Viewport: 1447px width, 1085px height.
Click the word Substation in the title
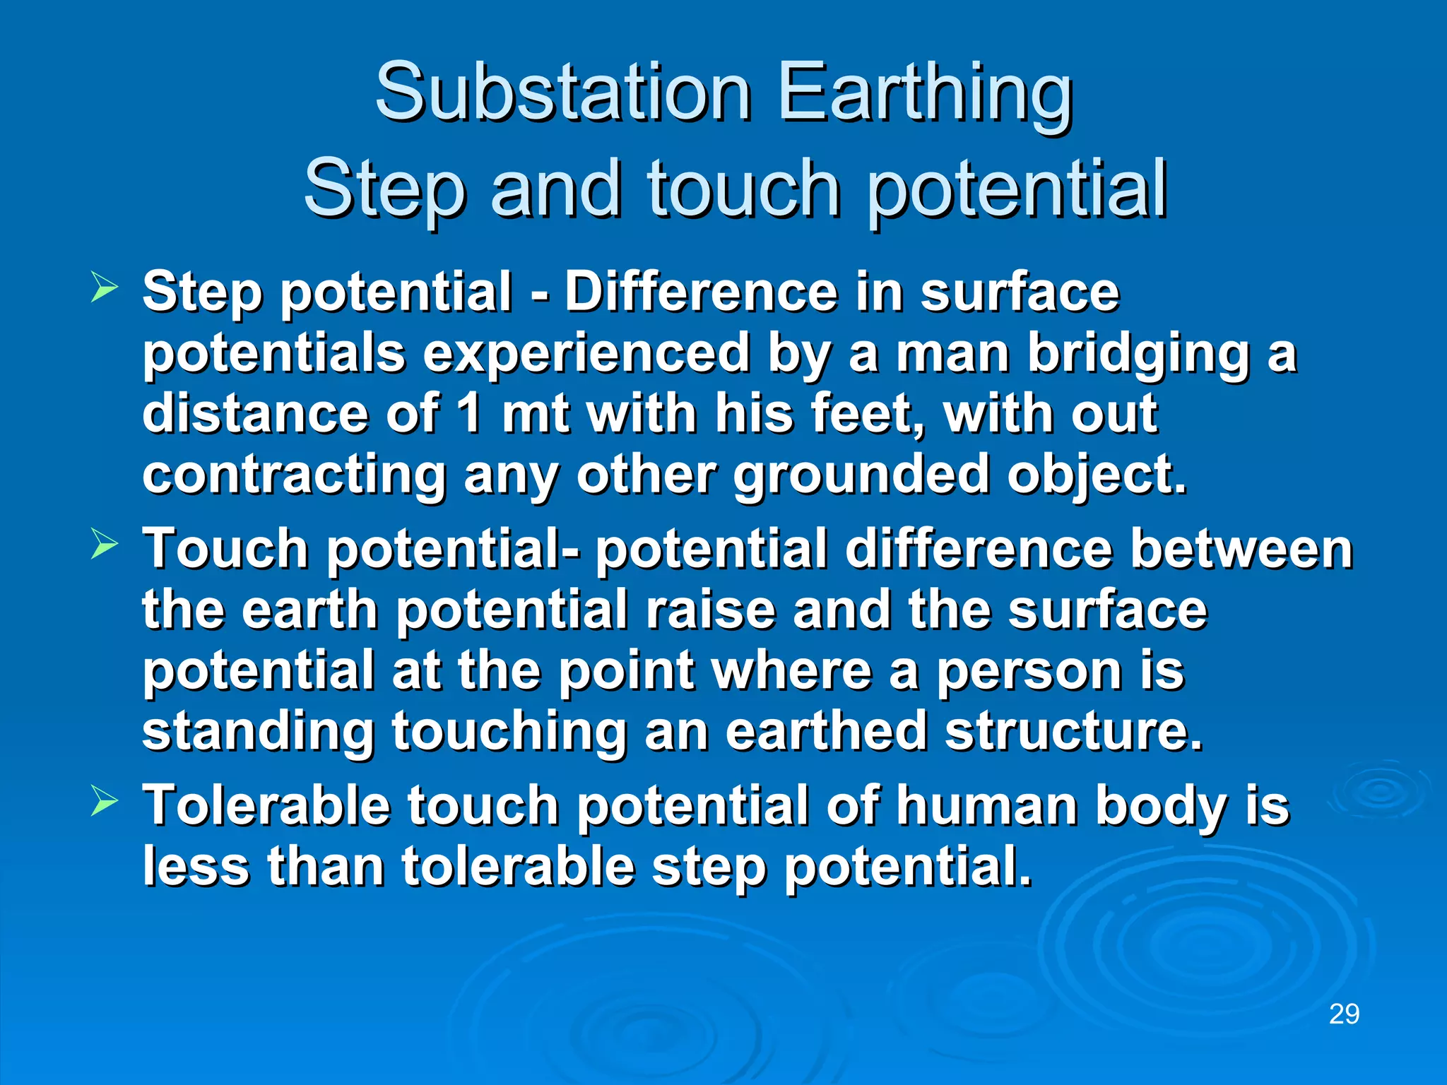point(562,94)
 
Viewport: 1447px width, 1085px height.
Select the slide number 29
point(1344,1014)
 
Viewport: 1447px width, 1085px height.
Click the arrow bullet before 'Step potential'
point(104,289)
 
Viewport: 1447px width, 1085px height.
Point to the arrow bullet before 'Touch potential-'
point(104,545)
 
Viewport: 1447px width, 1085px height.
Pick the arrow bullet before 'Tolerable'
point(104,802)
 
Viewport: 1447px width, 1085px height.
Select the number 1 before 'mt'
point(470,413)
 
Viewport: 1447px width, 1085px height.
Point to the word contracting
point(294,475)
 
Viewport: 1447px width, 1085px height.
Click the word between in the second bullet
point(1241,549)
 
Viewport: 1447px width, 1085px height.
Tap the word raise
point(710,610)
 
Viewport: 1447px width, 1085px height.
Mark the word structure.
point(1073,732)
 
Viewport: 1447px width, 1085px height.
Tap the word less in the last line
point(196,867)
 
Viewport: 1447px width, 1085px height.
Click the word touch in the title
point(743,189)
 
